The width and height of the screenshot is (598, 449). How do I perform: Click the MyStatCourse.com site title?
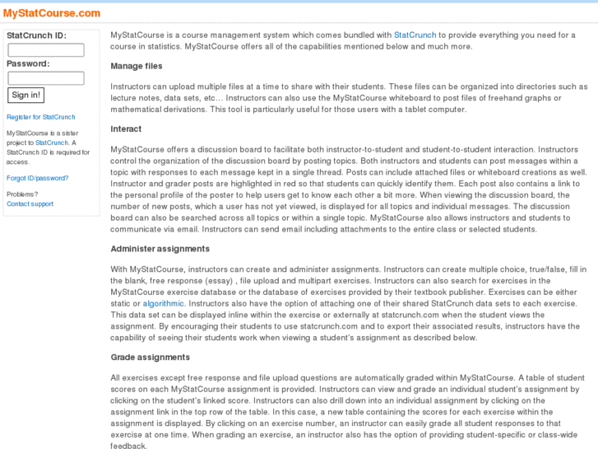pyautogui.click(x=52, y=13)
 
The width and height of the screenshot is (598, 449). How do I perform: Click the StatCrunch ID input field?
pyautogui.click(x=46, y=50)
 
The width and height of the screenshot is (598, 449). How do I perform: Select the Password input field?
pyautogui.click(x=46, y=78)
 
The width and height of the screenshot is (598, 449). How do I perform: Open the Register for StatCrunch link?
pyautogui.click(x=40, y=117)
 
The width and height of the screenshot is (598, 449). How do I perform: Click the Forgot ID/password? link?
pyautogui.click(x=37, y=178)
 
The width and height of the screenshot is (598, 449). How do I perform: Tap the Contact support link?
pyautogui.click(x=30, y=203)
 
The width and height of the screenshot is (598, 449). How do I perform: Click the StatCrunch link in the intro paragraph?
pyautogui.click(x=415, y=35)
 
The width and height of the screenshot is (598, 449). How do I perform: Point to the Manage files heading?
pyautogui.click(x=137, y=67)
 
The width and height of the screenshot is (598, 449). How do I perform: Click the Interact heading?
pyautogui.click(x=126, y=129)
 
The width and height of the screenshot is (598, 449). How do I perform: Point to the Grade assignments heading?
pyautogui.click(x=151, y=358)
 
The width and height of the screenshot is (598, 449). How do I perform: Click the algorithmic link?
pyautogui.click(x=164, y=304)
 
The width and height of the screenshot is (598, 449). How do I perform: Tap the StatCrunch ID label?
pyautogui.click(x=36, y=35)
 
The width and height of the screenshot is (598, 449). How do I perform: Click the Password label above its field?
pyautogui.click(x=28, y=63)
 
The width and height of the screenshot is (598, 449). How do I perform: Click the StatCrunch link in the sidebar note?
pyautogui.click(x=51, y=143)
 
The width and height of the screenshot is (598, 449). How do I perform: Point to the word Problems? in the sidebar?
pyautogui.click(x=22, y=194)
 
